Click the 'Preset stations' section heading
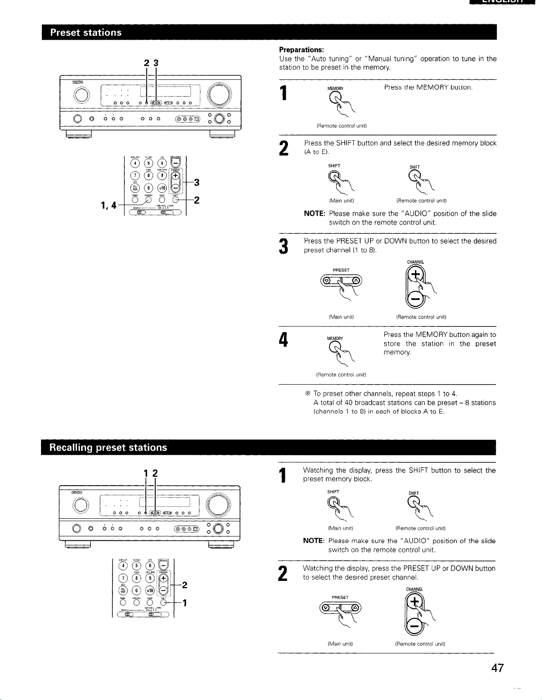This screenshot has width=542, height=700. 86,32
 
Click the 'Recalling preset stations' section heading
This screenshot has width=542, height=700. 108,448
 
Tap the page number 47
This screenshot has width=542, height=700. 497,668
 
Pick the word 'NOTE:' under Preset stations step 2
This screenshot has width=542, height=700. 314,213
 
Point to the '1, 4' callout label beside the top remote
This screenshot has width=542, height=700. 108,205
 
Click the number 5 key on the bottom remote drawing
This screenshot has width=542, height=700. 137,565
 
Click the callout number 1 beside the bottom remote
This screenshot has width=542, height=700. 185,602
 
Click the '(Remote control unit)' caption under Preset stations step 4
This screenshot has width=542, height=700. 342,374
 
